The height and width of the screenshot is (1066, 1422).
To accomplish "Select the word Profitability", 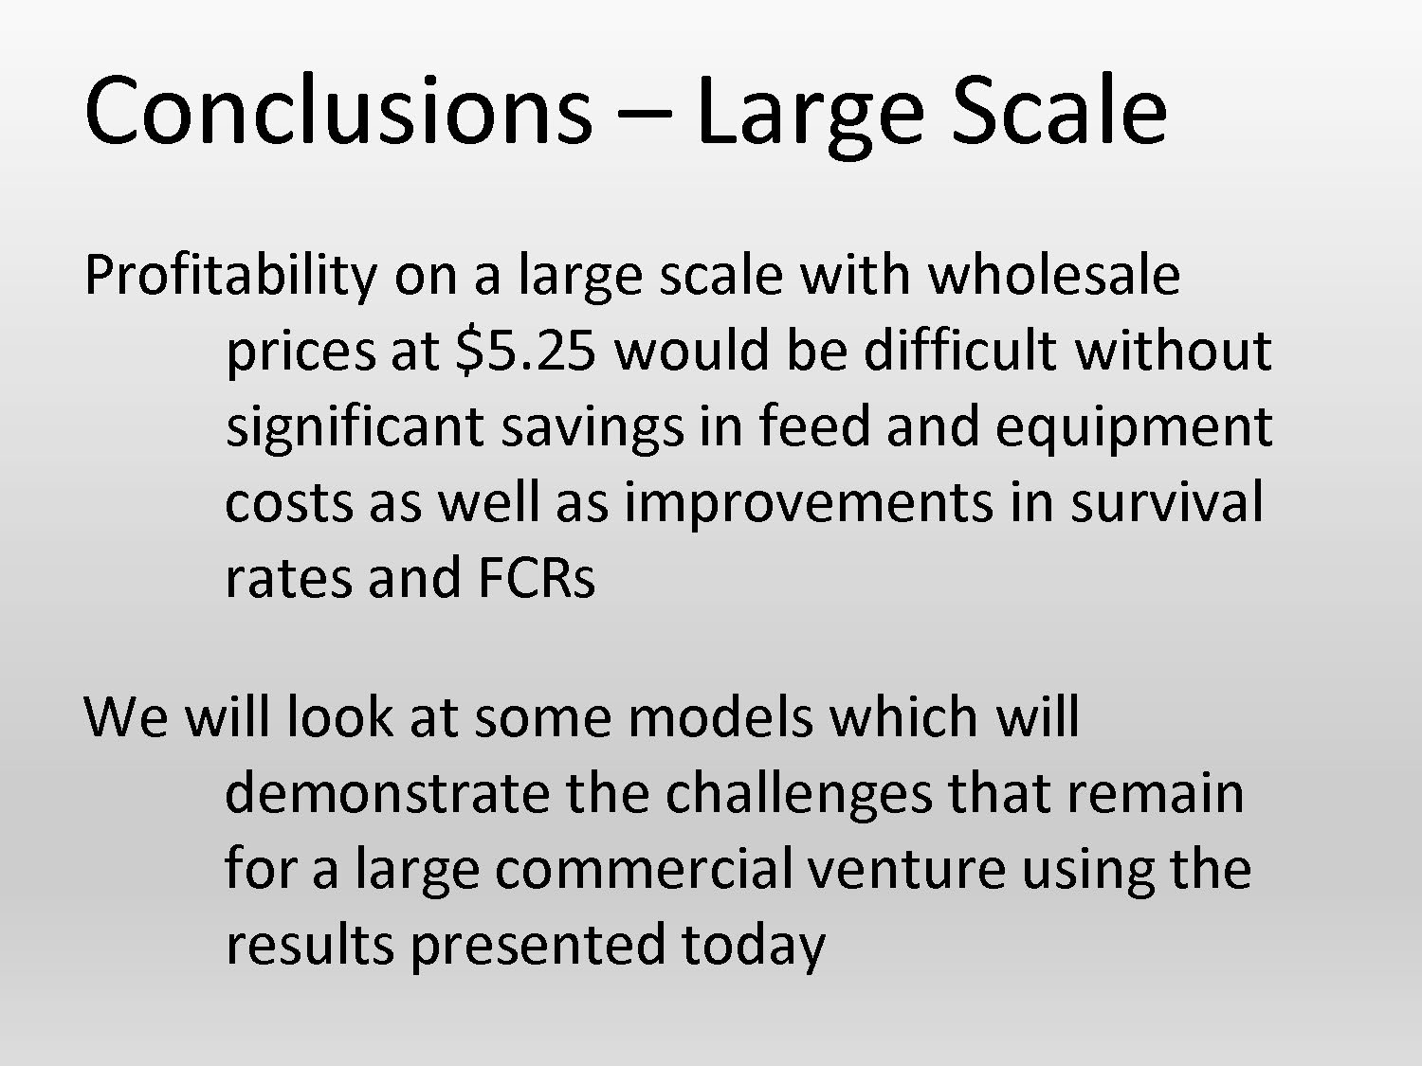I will pyautogui.click(x=230, y=277).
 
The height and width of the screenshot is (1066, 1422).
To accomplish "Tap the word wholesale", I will pyautogui.click(x=1053, y=275).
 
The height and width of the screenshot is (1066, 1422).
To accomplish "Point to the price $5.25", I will pyautogui.click(x=526, y=351).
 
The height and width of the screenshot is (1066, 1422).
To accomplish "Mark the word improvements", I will pyautogui.click(x=809, y=502).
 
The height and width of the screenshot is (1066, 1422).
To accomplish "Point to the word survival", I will pyautogui.click(x=1167, y=502).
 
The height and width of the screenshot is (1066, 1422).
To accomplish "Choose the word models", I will pyautogui.click(x=720, y=717).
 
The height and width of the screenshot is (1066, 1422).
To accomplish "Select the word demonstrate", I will pyautogui.click(x=387, y=793).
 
